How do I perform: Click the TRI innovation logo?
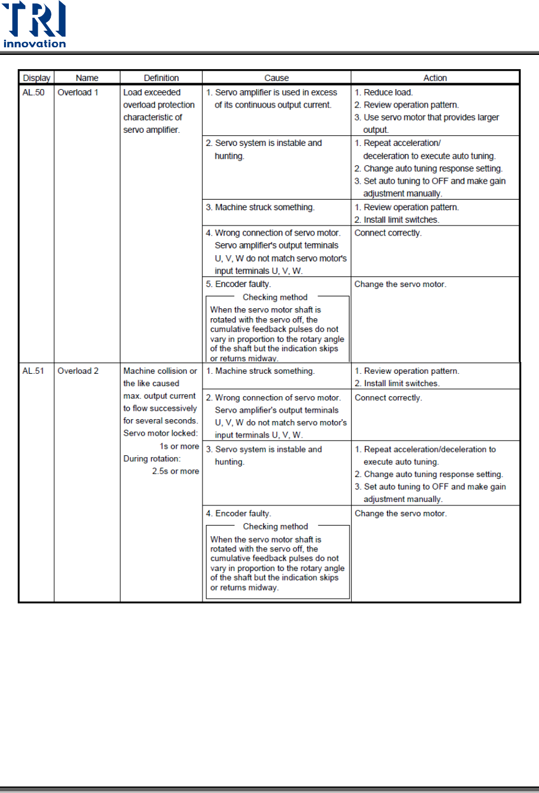point(35,25)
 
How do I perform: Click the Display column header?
point(36,78)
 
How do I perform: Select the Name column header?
point(87,78)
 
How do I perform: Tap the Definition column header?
point(161,78)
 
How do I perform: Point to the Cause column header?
point(276,78)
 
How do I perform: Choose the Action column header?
point(435,78)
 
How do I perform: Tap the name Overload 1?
point(78,93)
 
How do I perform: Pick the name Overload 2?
point(78,371)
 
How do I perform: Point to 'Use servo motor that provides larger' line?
point(431,118)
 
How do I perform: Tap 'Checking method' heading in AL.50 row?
point(275,297)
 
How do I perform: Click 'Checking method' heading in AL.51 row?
point(275,526)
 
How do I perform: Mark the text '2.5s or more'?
point(175,471)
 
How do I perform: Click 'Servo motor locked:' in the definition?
point(160,434)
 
